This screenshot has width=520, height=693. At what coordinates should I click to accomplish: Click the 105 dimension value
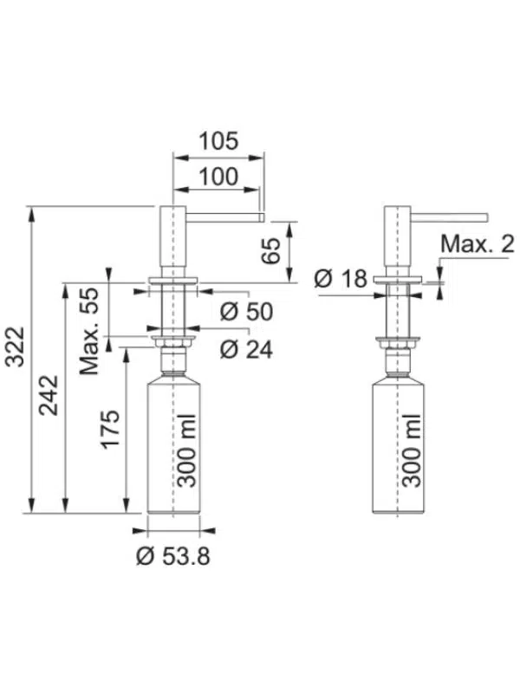[218, 141]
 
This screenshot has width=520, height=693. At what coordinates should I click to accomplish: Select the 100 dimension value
[218, 177]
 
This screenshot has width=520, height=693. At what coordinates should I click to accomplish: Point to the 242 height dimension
[49, 395]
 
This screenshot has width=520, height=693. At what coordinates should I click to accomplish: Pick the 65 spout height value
[270, 250]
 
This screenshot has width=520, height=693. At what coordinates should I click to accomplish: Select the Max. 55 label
[89, 331]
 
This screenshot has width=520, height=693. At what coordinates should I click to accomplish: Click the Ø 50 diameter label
[247, 312]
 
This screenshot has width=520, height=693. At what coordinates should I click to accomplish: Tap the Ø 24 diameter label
[247, 350]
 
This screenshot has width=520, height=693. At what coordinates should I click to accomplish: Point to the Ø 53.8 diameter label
[172, 556]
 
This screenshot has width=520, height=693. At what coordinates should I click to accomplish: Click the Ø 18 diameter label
[341, 279]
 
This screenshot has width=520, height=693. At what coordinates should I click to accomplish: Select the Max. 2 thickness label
[478, 244]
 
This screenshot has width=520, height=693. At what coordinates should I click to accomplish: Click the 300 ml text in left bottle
[186, 450]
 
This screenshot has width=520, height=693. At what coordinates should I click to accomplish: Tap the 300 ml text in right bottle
[411, 450]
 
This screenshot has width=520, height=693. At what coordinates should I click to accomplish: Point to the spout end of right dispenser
[486, 217]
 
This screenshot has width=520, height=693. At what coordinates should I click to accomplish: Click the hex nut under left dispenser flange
[173, 342]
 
